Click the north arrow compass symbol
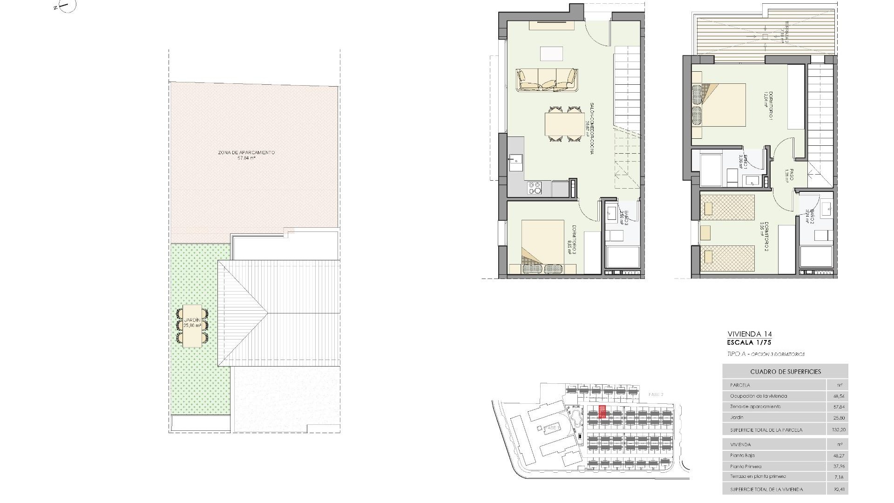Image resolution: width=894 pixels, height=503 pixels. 67,6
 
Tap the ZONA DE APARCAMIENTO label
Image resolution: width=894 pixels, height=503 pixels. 246,155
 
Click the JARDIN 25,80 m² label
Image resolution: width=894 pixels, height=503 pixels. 192,323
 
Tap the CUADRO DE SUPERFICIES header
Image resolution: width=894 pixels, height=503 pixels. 785,372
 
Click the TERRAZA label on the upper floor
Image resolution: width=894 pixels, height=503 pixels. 786,32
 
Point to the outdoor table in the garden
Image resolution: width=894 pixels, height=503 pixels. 192,326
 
